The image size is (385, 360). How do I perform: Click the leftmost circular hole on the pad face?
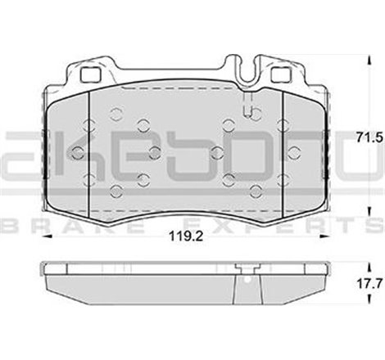[78, 151]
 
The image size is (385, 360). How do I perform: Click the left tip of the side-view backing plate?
[41, 268]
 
